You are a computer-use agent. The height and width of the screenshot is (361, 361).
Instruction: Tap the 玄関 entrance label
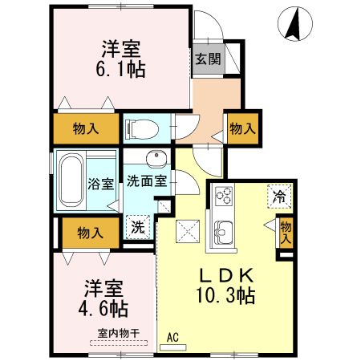point(205,59)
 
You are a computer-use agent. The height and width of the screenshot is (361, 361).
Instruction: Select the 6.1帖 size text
point(122,70)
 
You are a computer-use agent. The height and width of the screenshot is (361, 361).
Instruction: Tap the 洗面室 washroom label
point(147,181)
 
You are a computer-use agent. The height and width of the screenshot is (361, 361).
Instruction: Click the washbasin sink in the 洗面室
point(155,156)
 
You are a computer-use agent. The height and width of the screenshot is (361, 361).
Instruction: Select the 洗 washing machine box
point(139,226)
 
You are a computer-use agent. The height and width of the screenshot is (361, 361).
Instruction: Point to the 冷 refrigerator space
point(280,195)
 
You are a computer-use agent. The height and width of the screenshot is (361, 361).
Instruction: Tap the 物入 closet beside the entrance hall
point(242,128)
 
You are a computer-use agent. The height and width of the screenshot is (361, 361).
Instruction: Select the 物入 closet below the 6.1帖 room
point(86,128)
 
